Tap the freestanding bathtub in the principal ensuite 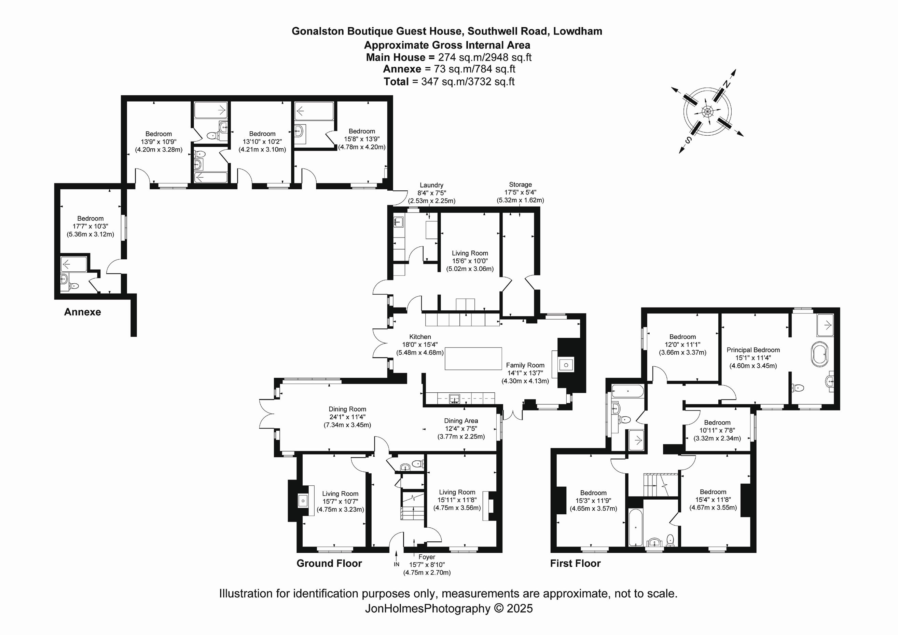coord(819,354)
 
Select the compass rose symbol coord(707,111)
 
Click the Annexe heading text coord(83,312)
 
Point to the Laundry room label coord(431,185)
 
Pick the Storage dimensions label coord(520,197)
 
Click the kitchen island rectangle coord(473,359)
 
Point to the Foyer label coord(427,557)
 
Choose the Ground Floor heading coord(329,564)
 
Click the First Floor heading coord(575,564)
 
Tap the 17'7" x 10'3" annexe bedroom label coord(91,227)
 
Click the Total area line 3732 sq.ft coord(448,82)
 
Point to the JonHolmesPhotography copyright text coord(448,608)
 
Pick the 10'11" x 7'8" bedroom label coord(717,430)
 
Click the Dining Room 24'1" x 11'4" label coord(347,417)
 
